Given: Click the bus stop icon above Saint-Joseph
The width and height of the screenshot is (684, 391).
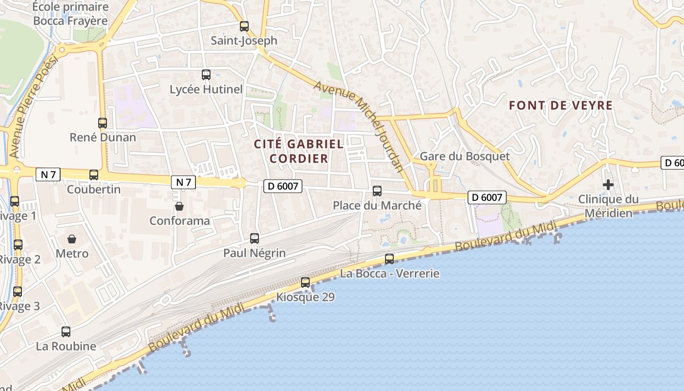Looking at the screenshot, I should [x=244, y=26].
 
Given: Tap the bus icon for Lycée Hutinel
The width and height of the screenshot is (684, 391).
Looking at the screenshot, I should [x=206, y=75].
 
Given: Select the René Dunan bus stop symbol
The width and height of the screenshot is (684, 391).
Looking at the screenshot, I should [x=103, y=123].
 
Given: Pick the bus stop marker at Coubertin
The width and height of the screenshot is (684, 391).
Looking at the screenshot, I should [x=94, y=174].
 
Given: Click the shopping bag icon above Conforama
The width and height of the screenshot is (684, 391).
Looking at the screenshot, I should [x=179, y=206].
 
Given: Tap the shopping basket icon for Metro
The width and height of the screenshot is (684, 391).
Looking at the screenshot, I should [x=72, y=239].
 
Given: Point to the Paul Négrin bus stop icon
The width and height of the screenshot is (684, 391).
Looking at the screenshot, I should [x=255, y=239].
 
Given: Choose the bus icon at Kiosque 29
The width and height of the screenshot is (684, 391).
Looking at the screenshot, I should [x=305, y=282].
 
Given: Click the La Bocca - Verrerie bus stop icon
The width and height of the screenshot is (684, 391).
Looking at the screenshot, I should [x=389, y=259].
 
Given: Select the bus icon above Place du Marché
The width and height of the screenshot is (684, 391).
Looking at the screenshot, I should [x=377, y=191].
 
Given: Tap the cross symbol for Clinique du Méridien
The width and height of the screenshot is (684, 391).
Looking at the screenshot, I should [x=608, y=185].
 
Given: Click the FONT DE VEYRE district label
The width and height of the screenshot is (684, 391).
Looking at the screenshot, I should [x=561, y=106].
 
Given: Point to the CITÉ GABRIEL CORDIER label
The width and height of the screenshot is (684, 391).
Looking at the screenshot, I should [x=299, y=151].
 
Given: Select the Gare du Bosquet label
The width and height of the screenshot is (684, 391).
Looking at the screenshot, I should [x=465, y=156].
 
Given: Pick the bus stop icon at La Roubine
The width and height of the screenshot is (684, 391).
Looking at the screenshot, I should [x=66, y=332].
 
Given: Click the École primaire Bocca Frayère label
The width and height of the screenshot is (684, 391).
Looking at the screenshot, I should [x=70, y=14].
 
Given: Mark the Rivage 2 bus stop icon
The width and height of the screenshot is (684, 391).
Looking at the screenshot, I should [x=18, y=245].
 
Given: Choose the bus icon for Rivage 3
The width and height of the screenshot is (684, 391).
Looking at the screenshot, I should [x=18, y=292].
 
